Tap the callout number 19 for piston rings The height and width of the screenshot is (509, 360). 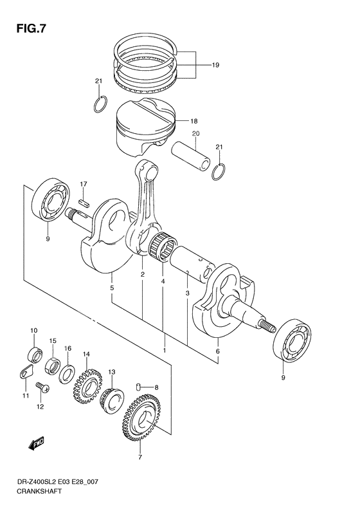215,65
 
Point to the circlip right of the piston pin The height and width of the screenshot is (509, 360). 219,172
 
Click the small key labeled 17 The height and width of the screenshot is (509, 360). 83,201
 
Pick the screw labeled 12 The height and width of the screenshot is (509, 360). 43,386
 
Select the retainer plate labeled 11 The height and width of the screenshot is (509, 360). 24,372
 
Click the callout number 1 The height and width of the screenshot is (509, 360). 164,350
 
